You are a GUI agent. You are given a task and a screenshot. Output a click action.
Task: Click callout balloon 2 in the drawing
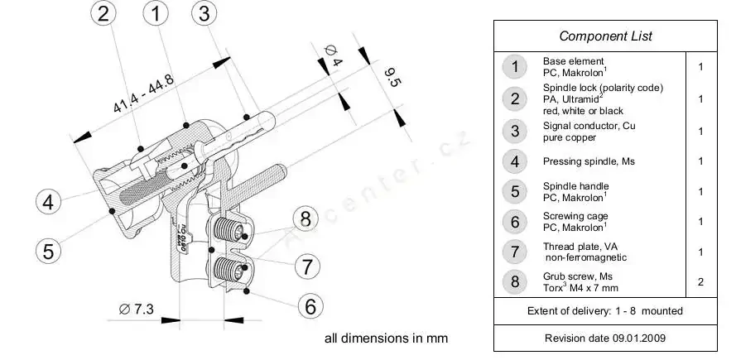tap(103, 14)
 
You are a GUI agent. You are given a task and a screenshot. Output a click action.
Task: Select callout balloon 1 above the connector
tap(156, 14)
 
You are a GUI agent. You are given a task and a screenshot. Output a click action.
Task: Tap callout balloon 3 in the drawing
tap(205, 14)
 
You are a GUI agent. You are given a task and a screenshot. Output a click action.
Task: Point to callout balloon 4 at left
tap(49, 202)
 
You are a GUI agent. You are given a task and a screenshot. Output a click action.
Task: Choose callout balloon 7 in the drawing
tap(306, 266)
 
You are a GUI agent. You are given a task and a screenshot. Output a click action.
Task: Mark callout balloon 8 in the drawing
tap(305, 219)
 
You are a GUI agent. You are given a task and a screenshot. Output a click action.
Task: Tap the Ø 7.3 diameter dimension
tap(137, 309)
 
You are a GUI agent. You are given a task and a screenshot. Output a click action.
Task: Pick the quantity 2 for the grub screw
tap(700, 282)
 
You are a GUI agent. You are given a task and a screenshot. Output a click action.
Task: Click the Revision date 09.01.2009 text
tap(605, 338)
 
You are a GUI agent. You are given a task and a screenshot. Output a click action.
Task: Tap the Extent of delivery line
tap(605, 311)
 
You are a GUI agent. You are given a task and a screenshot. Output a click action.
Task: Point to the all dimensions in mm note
tap(386, 338)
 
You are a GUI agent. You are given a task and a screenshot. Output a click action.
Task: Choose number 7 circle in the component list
tap(515, 252)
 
